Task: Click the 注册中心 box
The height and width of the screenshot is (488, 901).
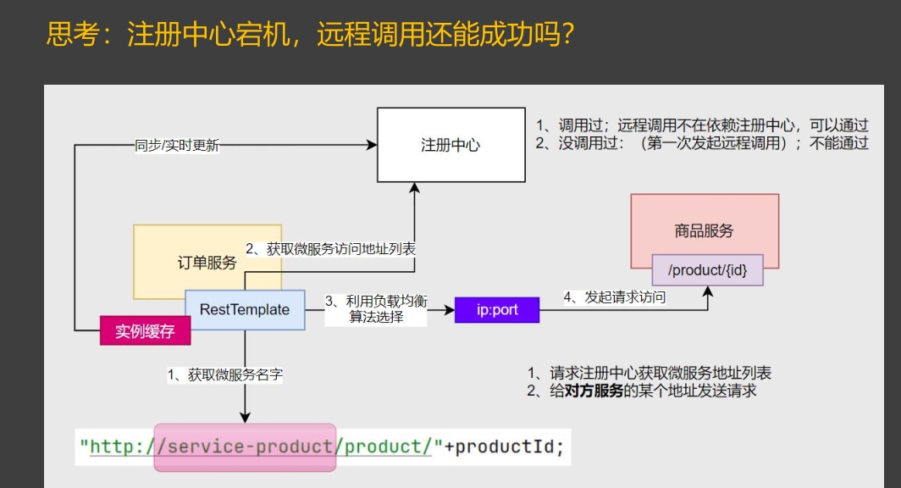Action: click(x=450, y=144)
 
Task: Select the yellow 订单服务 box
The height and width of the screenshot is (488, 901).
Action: click(x=207, y=262)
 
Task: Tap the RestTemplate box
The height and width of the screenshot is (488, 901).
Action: click(x=245, y=309)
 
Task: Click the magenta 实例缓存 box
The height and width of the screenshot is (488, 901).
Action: click(x=145, y=331)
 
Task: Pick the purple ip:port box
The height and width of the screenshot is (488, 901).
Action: click(x=497, y=310)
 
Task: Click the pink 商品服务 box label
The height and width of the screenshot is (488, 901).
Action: click(x=704, y=230)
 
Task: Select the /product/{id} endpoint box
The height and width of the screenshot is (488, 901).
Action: click(x=707, y=270)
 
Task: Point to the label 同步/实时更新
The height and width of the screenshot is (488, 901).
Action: click(x=177, y=145)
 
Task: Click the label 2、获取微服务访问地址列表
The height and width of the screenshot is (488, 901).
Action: click(x=329, y=249)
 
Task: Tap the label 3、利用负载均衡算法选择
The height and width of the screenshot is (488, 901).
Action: click(x=376, y=309)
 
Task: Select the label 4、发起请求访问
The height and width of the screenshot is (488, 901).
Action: click(x=615, y=297)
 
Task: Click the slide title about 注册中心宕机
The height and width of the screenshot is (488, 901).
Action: click(x=311, y=36)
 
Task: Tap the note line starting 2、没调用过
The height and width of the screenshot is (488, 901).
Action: click(x=701, y=142)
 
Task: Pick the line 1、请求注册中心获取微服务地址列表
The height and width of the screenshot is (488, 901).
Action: click(x=649, y=373)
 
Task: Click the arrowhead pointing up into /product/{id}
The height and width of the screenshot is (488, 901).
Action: click(x=708, y=291)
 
